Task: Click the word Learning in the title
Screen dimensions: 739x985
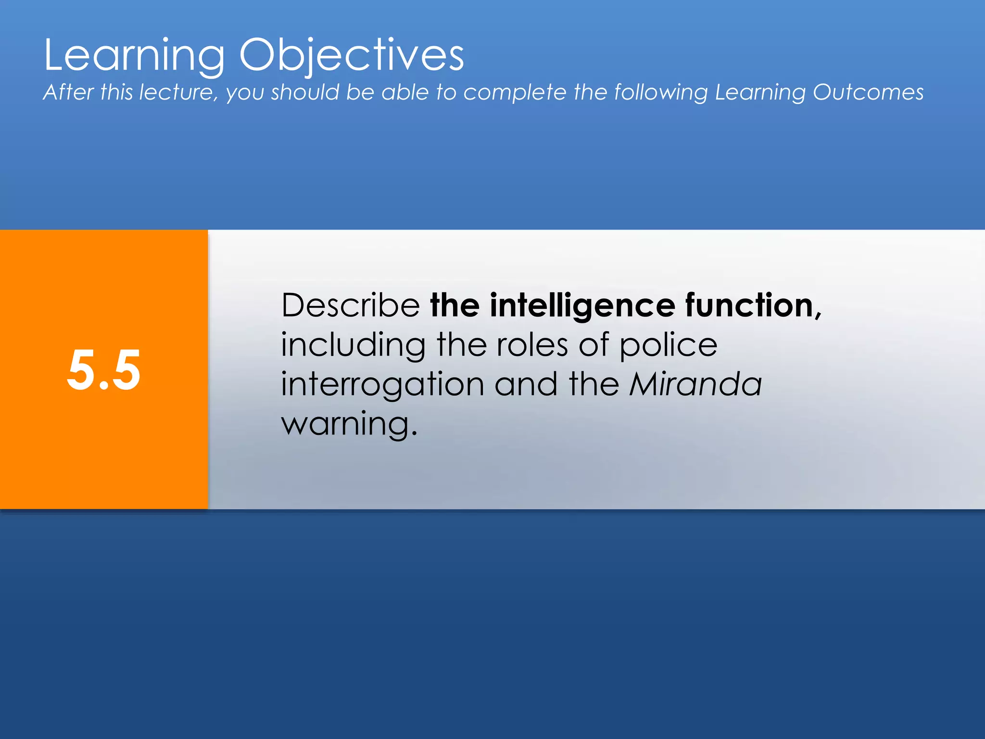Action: pyautogui.click(x=134, y=55)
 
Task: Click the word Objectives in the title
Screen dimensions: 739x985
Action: pyautogui.click(x=352, y=55)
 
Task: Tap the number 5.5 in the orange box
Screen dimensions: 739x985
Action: pyautogui.click(x=104, y=370)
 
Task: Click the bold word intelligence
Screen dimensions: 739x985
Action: pyautogui.click(x=582, y=306)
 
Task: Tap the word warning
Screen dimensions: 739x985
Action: pyautogui.click(x=345, y=424)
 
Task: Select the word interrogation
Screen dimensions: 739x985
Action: pyautogui.click(x=382, y=385)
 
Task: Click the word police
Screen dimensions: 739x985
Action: pyautogui.click(x=668, y=345)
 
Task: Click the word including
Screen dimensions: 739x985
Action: pyautogui.click(x=354, y=345)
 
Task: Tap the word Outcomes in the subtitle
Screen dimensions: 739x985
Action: pyautogui.click(x=868, y=92)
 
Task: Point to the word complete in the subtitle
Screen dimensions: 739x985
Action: pyautogui.click(x=515, y=93)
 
